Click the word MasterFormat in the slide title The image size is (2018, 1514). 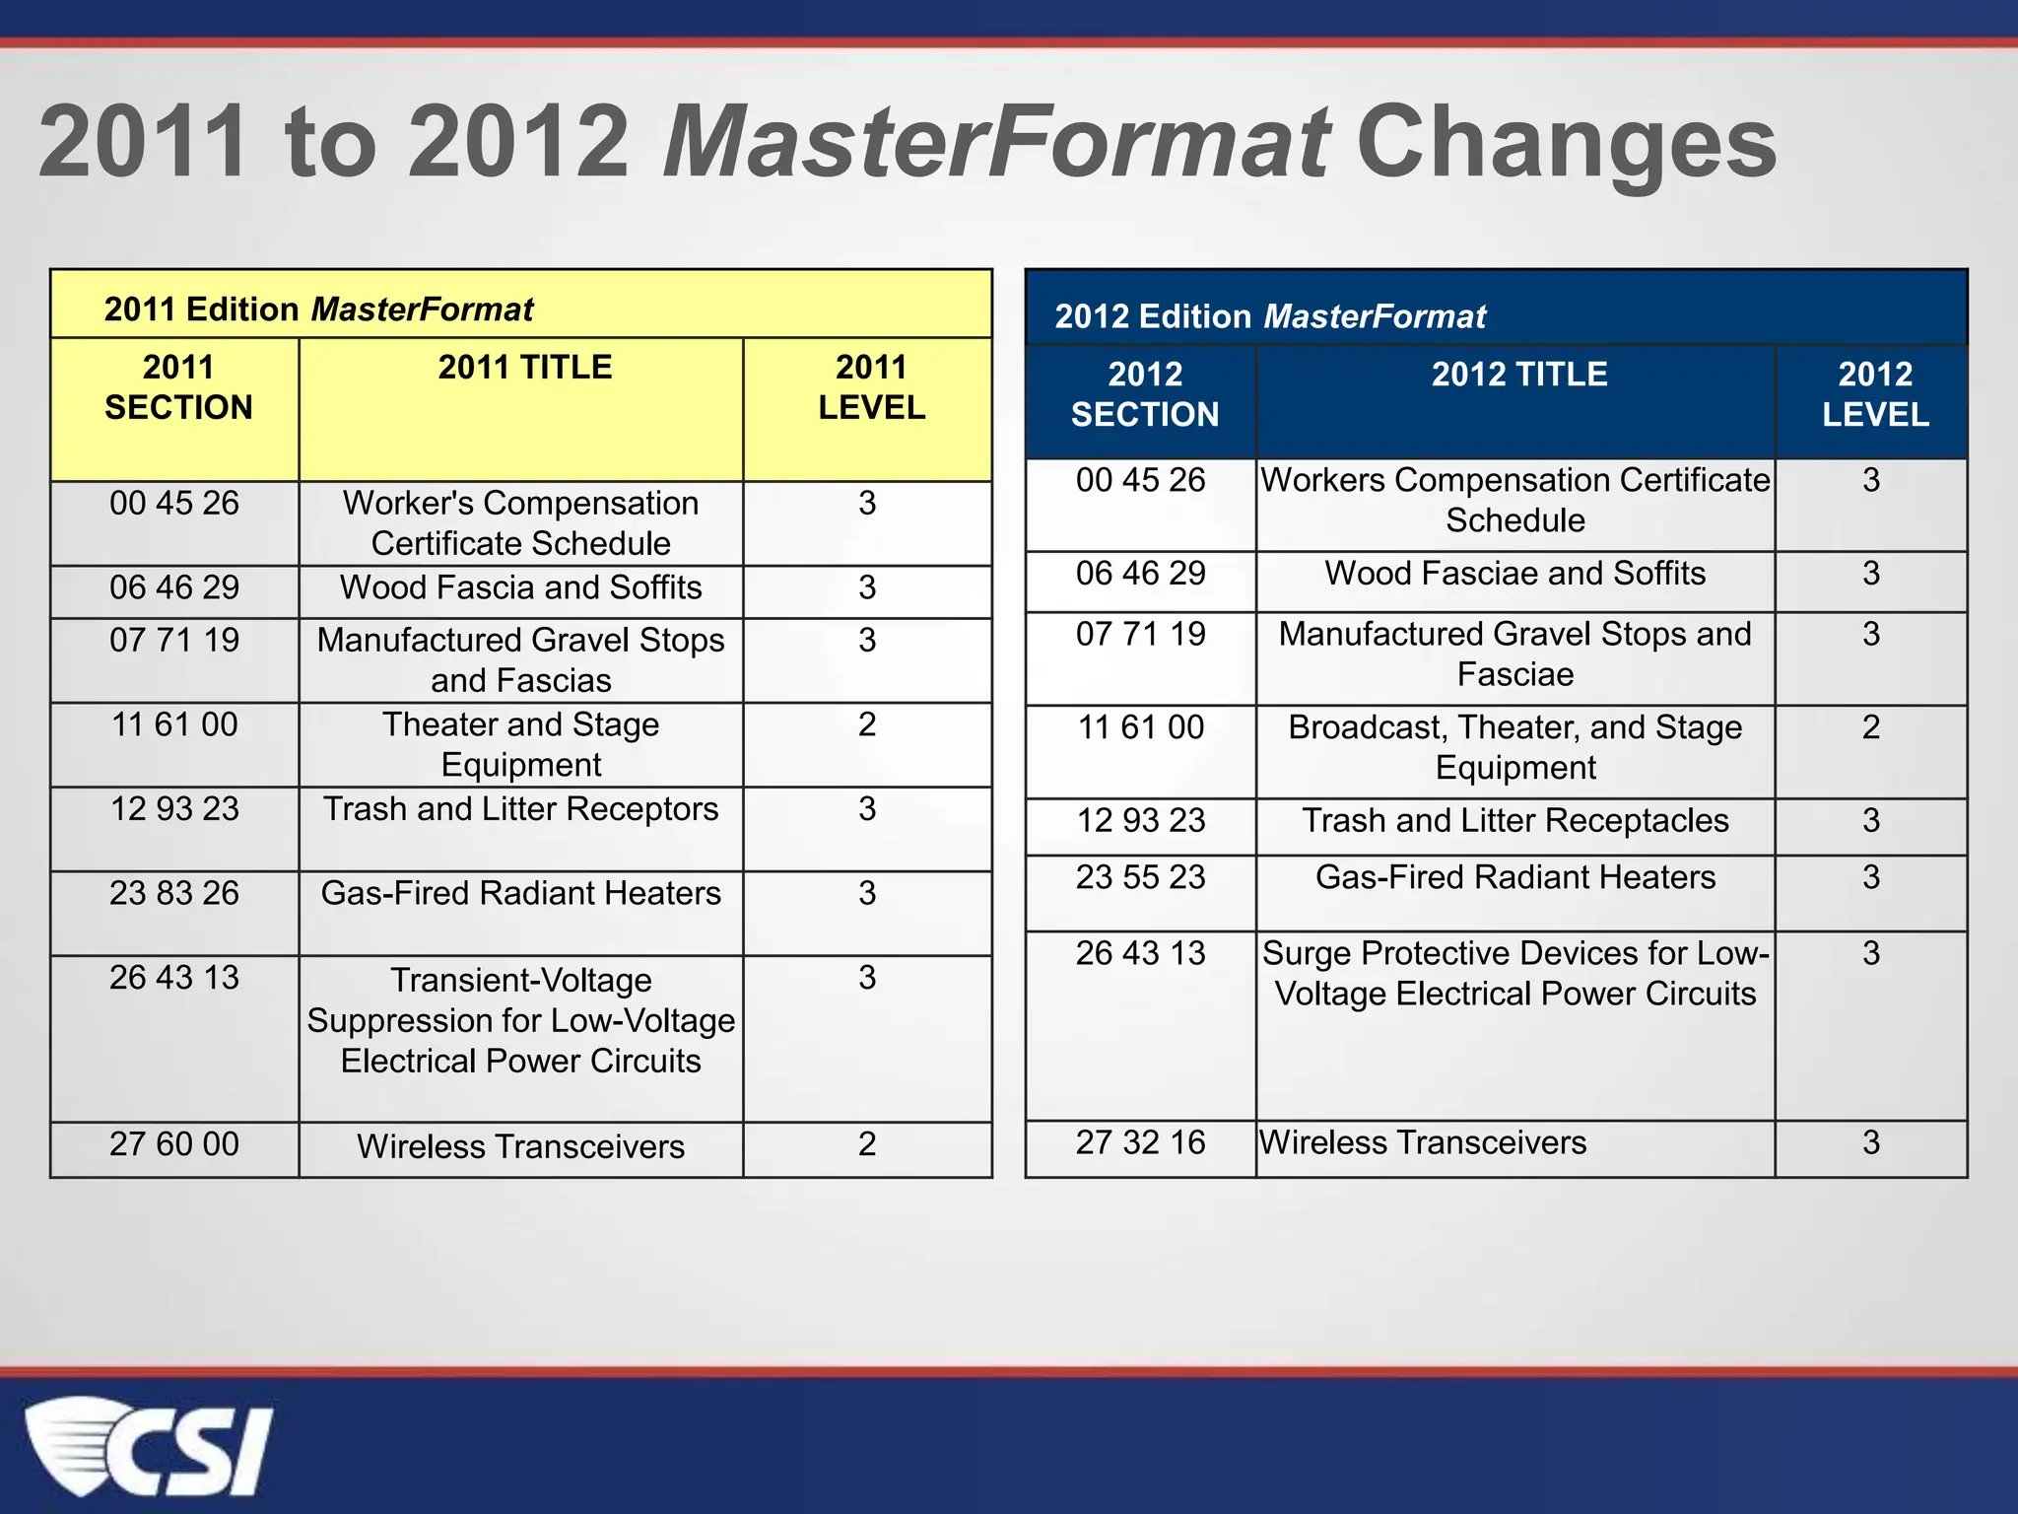click(x=996, y=143)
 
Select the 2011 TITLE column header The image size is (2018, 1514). click(x=524, y=368)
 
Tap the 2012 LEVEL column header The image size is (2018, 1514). click(x=1874, y=394)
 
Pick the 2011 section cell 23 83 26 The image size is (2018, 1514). click(x=174, y=893)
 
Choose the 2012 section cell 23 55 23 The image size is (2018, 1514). click(x=1140, y=877)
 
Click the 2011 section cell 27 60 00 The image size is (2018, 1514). click(x=174, y=1144)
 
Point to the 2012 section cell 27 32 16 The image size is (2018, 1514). click(x=1140, y=1142)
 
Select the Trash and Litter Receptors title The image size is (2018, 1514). click(x=520, y=809)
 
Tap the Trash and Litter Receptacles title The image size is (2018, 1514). click(x=1514, y=821)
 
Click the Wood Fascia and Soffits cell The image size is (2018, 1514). click(x=520, y=587)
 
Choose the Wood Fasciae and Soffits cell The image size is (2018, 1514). click(x=1514, y=574)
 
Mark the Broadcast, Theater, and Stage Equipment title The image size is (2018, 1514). click(x=1514, y=747)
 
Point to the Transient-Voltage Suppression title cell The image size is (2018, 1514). click(x=520, y=1020)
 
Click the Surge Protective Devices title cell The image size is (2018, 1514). click(x=1514, y=974)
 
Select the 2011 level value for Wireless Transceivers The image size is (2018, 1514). click(x=867, y=1144)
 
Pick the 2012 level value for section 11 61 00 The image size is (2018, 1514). click(x=1870, y=727)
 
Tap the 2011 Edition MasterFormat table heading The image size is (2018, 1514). click(x=318, y=310)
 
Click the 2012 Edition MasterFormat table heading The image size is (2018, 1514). click(x=1269, y=316)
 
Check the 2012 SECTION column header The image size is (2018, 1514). click(x=1144, y=394)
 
